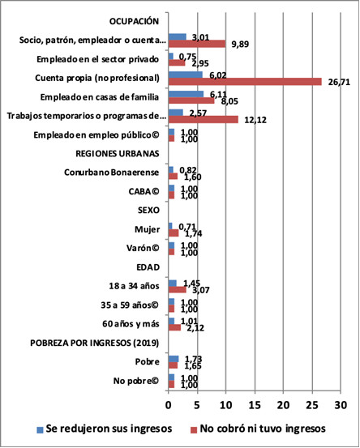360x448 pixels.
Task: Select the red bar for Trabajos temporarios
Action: [x=203, y=119]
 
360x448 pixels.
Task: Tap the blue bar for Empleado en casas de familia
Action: [x=186, y=93]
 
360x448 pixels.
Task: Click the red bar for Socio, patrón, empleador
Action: [x=196, y=43]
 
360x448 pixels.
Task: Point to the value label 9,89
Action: [x=242, y=44]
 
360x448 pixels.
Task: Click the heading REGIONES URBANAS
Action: [x=119, y=152]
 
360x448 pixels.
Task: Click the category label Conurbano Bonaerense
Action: [x=114, y=171]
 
